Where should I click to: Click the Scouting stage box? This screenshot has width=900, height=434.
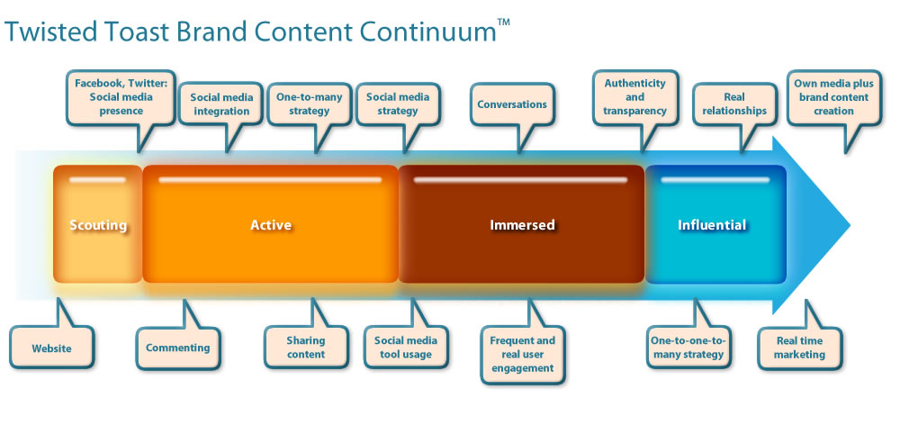(x=97, y=224)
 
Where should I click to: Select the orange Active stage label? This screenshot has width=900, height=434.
(x=271, y=225)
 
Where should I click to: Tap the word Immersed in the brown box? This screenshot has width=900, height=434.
(x=522, y=225)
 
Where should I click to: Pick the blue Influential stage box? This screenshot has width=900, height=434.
(x=715, y=224)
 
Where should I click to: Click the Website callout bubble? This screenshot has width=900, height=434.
(x=51, y=347)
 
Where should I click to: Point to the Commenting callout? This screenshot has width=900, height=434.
(x=178, y=347)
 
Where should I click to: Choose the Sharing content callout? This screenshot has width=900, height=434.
(x=306, y=347)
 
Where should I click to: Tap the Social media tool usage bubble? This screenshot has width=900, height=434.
(x=406, y=347)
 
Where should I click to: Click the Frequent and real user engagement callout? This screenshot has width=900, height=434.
(x=522, y=354)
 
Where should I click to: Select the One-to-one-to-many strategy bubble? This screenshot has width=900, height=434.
(x=688, y=347)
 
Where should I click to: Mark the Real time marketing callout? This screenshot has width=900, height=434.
(x=799, y=347)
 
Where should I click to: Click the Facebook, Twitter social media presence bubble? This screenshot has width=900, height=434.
(x=121, y=97)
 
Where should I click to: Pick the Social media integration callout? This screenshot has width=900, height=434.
(x=221, y=104)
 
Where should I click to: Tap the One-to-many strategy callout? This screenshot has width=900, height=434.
(x=310, y=104)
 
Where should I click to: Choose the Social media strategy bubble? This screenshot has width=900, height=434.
(x=398, y=104)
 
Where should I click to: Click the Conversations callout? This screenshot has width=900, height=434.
(x=512, y=104)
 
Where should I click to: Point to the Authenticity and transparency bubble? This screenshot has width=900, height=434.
(x=634, y=97)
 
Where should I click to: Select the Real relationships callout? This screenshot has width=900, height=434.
(x=734, y=104)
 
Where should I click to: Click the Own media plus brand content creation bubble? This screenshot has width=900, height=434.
(x=833, y=97)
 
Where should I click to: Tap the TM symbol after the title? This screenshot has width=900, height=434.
(x=503, y=23)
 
